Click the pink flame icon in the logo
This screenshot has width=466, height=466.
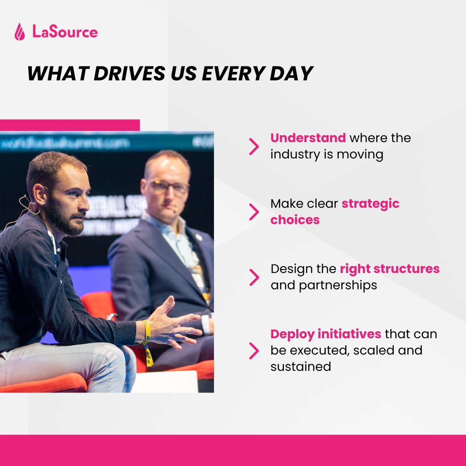19,31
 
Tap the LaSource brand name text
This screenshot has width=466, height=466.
65,31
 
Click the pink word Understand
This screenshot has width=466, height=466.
308,138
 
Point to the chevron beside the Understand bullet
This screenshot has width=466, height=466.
254,147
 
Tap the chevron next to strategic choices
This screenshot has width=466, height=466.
254,212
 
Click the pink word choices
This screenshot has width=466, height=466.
295,220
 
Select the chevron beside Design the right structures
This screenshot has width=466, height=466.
254,277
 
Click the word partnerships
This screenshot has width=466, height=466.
338,285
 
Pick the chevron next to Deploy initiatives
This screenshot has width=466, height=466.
254,351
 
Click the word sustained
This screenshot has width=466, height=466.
301,367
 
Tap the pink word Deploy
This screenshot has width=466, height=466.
292,334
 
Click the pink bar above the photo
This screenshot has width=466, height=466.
70,125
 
